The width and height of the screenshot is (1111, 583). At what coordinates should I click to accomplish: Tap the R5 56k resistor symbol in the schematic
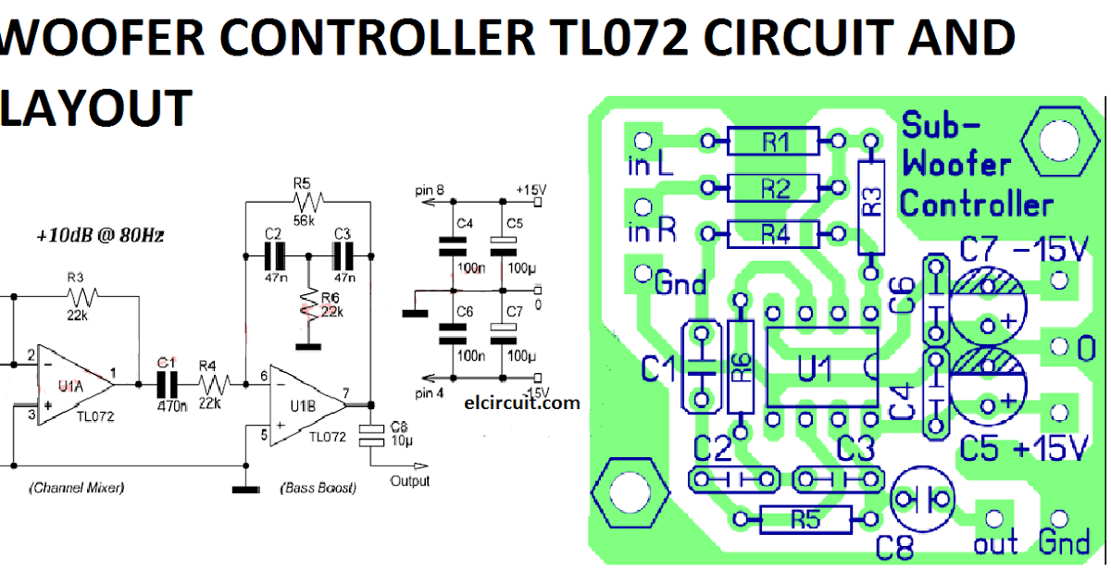coord(306,200)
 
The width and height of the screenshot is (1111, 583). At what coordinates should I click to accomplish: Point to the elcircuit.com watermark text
coord(523,403)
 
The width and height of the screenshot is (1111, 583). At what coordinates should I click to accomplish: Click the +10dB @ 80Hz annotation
coord(102,236)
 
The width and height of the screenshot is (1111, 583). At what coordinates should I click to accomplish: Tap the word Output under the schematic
coord(409,481)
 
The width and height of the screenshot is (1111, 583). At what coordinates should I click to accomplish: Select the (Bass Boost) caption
coord(318,488)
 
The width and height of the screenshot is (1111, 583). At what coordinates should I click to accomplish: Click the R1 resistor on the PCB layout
coord(774,142)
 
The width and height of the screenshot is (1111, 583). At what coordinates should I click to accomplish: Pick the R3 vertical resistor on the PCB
coord(870,205)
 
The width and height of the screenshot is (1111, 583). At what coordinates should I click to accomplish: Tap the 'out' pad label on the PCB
coord(995,544)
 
